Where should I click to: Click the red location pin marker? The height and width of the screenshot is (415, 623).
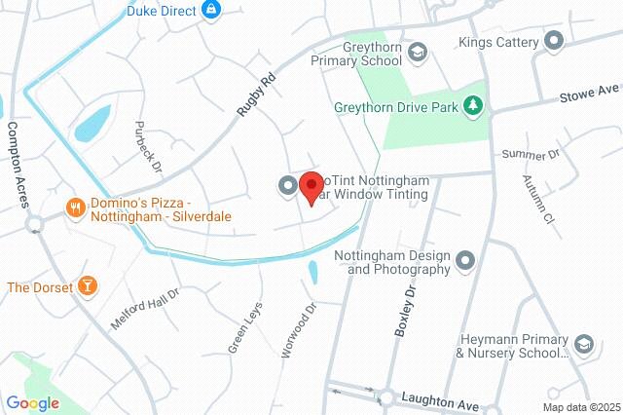tap(311, 186)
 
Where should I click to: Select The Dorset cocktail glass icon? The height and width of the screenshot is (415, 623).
tap(88, 286)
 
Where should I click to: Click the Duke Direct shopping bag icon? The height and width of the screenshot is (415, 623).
tap(211, 11)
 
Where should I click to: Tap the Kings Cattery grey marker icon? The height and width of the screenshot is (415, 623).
tap(554, 42)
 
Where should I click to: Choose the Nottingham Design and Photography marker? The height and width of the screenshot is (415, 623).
tap(465, 260)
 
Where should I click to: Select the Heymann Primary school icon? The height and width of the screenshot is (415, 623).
tap(583, 345)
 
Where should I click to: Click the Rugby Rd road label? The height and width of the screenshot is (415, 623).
tap(257, 94)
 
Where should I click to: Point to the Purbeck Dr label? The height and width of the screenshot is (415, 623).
tap(146, 142)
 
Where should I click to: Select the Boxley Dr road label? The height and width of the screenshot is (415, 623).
tap(404, 311)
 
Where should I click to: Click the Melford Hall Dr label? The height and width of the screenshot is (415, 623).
tap(145, 309)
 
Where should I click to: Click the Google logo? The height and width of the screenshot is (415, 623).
tap(32, 403)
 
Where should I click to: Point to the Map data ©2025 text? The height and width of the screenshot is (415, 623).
tap(580, 407)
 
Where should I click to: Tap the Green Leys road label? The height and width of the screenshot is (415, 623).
tap(245, 327)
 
